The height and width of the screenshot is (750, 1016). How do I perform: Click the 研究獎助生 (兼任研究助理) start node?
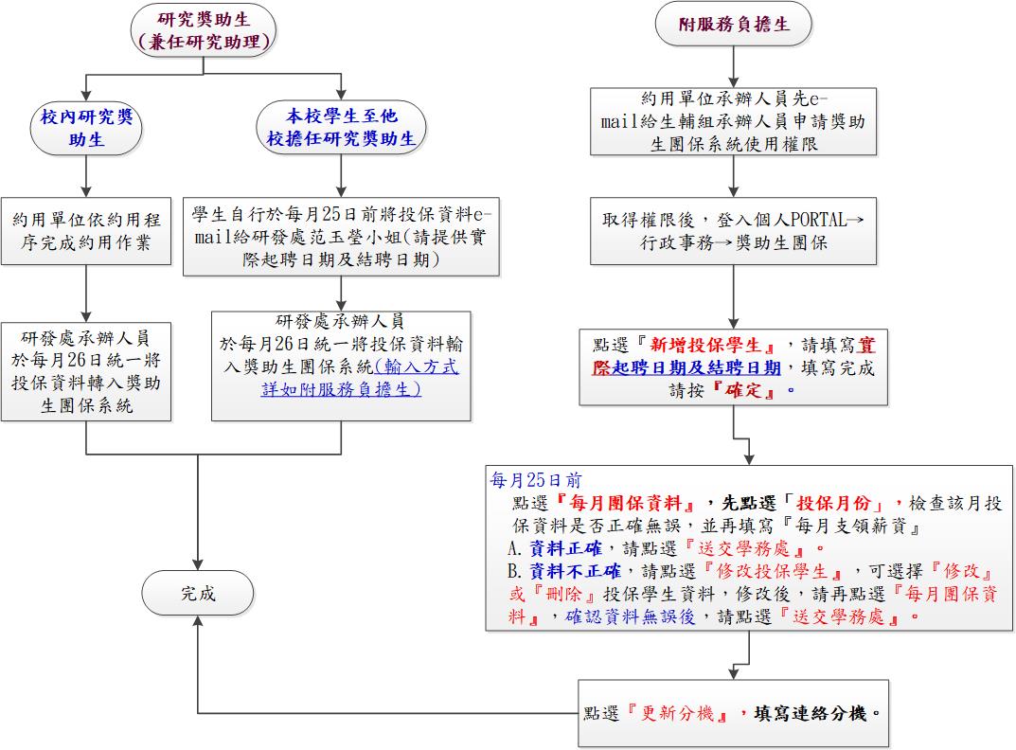204,30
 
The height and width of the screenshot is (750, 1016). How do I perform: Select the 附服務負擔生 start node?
734,24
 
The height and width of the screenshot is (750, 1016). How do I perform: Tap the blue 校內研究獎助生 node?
86,128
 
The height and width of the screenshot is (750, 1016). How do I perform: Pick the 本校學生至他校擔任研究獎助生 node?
341,127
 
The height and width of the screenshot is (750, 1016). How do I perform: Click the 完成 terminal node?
198,593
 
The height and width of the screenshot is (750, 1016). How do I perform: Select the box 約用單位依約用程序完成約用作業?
86,231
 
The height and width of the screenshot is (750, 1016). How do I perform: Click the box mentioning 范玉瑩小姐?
341,237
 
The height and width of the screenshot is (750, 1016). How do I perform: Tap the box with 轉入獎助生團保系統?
86,372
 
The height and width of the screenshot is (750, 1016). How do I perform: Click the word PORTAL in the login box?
818,220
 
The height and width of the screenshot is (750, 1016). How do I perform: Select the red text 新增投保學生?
712,345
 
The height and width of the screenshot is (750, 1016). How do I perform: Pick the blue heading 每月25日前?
536,480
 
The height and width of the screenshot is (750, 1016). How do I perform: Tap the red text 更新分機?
677,714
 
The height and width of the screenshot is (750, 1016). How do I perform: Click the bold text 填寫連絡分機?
810,714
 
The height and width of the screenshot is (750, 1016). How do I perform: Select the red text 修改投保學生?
772,571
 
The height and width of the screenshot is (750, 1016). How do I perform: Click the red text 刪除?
563,594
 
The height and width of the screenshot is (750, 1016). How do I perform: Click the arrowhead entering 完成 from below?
198,620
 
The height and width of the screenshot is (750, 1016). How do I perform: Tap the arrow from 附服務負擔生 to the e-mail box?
734,67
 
